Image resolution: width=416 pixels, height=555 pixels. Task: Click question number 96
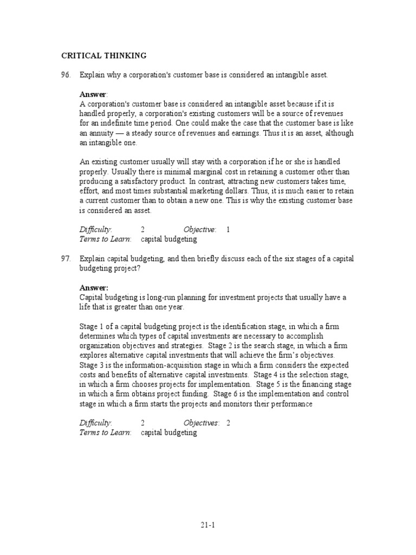pyautogui.click(x=66, y=75)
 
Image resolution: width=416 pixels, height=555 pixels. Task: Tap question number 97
pyautogui.click(x=66, y=259)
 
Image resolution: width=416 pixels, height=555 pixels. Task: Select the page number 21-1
pyautogui.click(x=208, y=525)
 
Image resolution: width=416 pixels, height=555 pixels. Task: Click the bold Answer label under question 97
pyautogui.click(x=94, y=288)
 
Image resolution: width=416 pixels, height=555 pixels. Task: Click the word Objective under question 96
pyautogui.click(x=199, y=229)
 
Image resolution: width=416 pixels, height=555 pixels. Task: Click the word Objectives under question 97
pyautogui.click(x=201, y=423)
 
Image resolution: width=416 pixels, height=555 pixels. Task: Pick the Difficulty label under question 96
pyautogui.click(x=95, y=229)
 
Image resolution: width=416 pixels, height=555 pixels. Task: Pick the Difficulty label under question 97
pyautogui.click(x=95, y=423)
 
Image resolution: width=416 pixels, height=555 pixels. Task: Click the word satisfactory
pyautogui.click(x=137, y=182)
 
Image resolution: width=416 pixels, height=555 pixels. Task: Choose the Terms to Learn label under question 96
pyautogui.click(x=105, y=239)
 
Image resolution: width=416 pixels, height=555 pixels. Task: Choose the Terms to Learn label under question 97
pyautogui.click(x=105, y=433)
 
